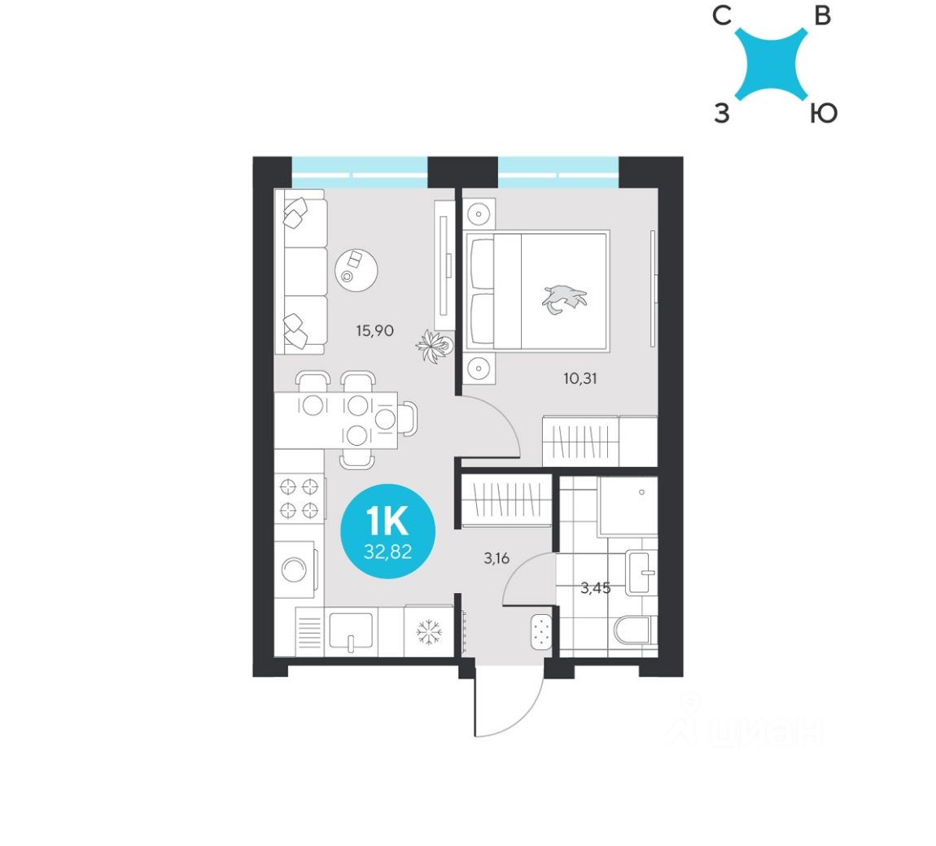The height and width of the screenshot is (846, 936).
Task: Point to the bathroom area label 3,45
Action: click(x=596, y=587)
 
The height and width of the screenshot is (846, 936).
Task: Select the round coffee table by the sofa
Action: click(x=356, y=268)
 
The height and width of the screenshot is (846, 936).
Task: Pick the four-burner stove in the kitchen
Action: click(x=298, y=499)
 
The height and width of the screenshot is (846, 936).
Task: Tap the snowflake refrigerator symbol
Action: click(x=428, y=631)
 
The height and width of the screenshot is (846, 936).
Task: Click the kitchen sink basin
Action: click(x=351, y=630)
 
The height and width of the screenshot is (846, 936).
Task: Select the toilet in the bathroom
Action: click(x=633, y=630)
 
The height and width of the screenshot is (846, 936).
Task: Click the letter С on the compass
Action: click(x=720, y=17)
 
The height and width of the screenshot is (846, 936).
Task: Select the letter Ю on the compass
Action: click(x=823, y=115)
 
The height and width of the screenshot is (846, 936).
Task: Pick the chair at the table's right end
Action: click(x=409, y=418)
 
